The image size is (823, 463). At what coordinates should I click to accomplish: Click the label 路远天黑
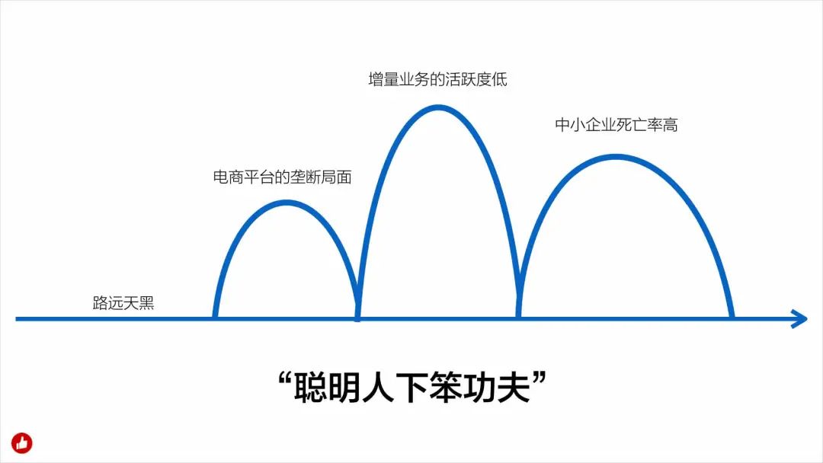tap(123, 302)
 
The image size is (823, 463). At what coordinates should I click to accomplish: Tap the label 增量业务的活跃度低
tap(437, 79)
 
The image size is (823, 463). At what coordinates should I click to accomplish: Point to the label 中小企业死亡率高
tap(616, 126)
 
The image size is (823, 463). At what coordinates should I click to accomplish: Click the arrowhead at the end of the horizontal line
tap(800, 319)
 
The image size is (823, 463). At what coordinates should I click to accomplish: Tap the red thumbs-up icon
tap(22, 442)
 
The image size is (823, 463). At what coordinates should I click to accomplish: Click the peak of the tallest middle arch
tap(437, 107)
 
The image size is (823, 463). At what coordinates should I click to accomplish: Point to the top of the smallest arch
tap(285, 203)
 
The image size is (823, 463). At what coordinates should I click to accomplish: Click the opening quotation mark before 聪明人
tap(284, 379)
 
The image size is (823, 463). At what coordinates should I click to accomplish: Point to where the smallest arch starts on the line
tap(216, 316)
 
